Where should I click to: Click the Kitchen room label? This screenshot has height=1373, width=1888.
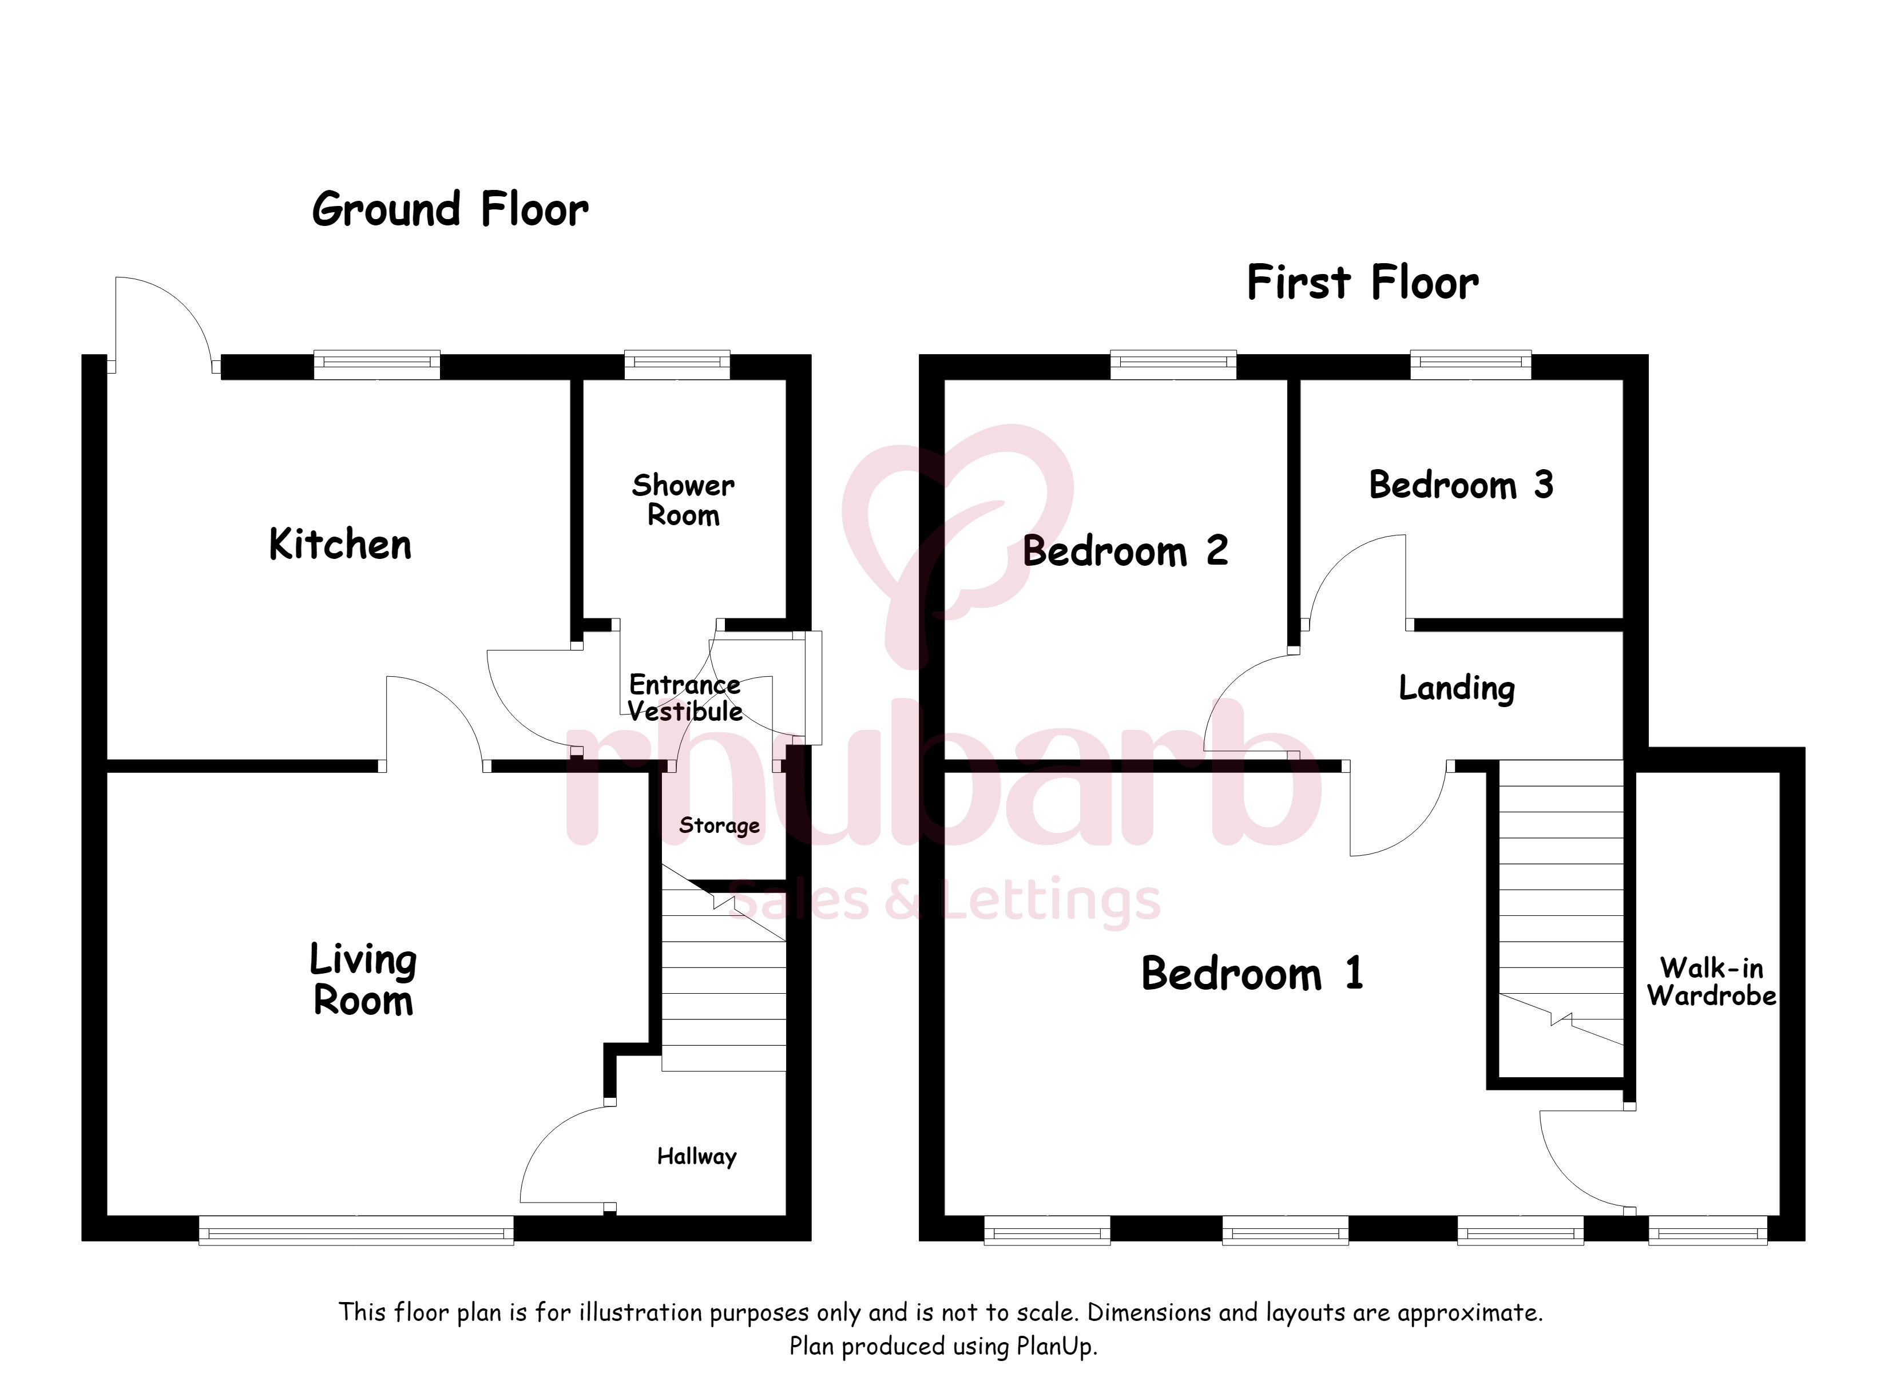(340, 545)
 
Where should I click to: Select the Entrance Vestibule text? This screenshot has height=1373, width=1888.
(685, 698)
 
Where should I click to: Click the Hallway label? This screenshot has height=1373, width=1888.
(697, 1157)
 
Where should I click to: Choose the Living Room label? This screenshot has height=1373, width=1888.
(363, 979)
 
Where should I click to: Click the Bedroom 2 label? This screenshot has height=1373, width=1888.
(1125, 550)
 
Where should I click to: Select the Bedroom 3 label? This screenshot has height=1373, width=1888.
(1461, 485)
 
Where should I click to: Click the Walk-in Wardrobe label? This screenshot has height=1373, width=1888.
(1712, 982)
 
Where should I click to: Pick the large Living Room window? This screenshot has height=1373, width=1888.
(356, 1230)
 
